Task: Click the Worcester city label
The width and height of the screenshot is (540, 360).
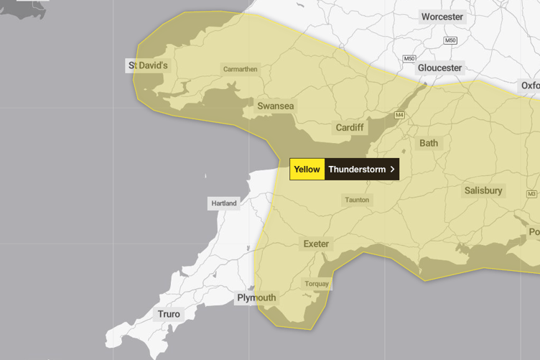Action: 442,17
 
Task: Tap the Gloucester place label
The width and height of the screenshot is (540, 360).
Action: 440,68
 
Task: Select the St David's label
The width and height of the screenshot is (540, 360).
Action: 148,65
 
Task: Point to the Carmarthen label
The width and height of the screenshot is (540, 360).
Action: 240,70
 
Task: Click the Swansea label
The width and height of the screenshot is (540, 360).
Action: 276,106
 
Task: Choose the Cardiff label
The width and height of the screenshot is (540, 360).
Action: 350,128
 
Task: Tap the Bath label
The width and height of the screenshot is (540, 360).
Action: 429,143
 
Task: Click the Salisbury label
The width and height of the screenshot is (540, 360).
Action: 483,190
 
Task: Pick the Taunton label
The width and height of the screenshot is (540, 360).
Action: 357,200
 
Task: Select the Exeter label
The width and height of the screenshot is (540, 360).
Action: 316,244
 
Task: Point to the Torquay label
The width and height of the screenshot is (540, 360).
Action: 317,284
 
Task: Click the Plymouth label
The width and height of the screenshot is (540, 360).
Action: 256,297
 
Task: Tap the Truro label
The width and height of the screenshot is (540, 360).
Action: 169,314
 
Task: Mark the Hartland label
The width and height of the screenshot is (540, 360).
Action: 224,203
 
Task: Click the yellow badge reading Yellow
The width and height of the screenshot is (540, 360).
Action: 307,170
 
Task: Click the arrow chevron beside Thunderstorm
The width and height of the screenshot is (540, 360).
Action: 392,170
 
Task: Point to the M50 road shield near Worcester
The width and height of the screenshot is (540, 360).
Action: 450,40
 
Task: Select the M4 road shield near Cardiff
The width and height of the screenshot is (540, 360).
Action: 399,115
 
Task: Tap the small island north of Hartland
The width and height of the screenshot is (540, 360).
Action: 205,175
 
